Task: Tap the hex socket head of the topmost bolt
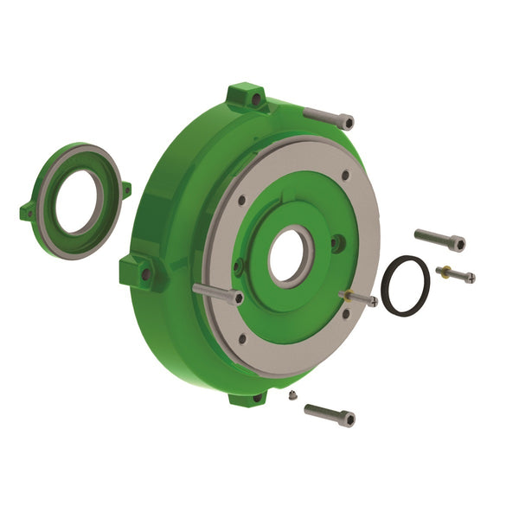coord(346,122)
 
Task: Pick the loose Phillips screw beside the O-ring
coord(455,274)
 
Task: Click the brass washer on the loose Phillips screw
coord(444,271)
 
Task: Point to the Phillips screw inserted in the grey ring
coord(358,298)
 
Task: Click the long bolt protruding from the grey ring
coord(216,293)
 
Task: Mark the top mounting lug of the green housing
coord(245,96)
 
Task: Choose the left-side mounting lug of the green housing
coord(136,271)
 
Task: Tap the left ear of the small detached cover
coord(28,210)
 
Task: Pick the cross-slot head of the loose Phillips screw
coord(470,278)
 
